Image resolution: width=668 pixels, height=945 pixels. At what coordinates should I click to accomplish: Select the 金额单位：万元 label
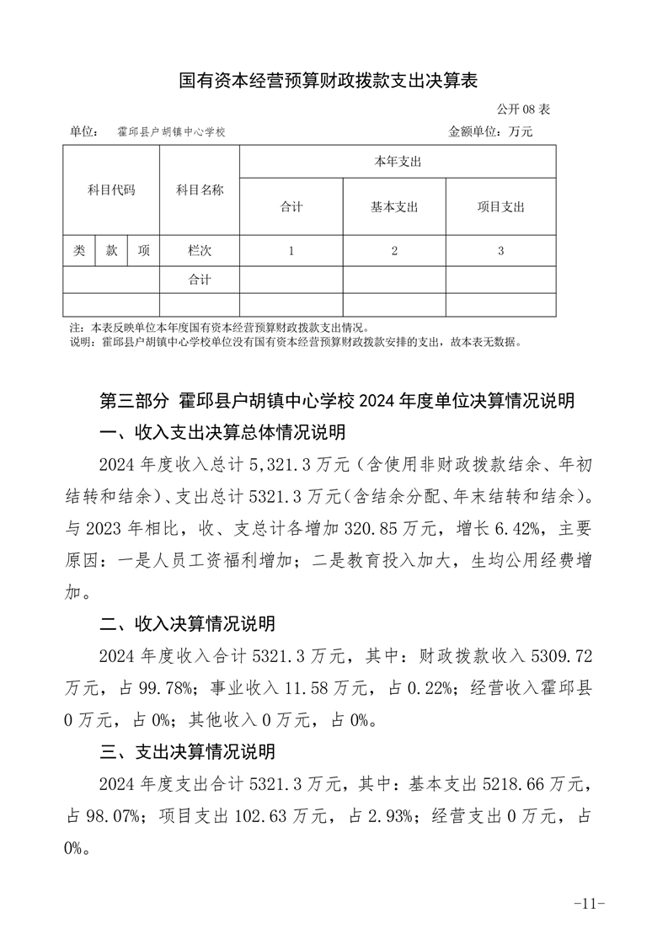(x=490, y=132)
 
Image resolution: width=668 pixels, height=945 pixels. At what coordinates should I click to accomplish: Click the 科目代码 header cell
(x=111, y=190)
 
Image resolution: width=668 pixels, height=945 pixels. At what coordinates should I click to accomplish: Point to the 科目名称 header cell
(x=200, y=190)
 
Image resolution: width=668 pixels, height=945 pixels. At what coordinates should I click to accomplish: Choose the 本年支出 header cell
(x=398, y=162)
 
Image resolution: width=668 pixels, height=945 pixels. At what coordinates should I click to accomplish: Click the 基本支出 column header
(x=394, y=207)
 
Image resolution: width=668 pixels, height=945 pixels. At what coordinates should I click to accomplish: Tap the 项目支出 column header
(x=500, y=207)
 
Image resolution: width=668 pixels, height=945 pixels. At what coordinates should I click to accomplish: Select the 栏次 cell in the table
(x=200, y=251)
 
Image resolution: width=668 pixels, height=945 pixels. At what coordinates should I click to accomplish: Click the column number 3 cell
(x=500, y=251)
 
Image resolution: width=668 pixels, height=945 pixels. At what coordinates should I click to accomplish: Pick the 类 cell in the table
(x=79, y=251)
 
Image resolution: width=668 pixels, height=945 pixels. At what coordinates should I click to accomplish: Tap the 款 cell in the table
(x=111, y=251)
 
